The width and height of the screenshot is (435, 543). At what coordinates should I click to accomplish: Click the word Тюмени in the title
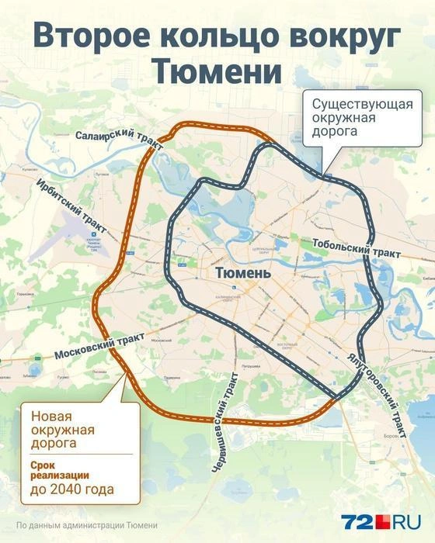coord(217,71)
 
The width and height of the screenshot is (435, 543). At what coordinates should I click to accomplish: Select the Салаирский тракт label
coord(120,139)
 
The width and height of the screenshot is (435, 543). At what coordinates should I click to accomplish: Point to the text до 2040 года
coord(71,490)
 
